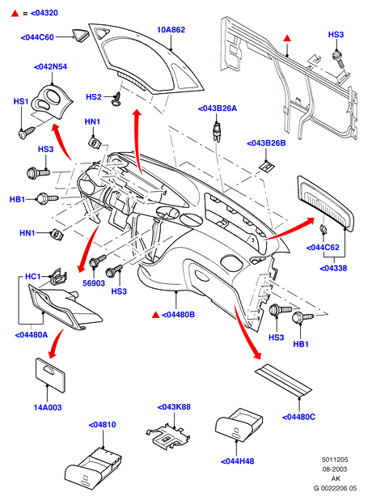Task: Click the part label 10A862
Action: coord(171,30)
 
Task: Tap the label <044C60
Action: coord(37,37)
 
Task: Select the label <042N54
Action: coord(50,67)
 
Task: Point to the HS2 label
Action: coord(94,97)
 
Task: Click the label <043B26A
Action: coord(218,108)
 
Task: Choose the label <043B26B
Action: coord(266,143)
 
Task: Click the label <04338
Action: coord(333,269)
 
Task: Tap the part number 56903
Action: coord(94,283)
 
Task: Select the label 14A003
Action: coord(48,408)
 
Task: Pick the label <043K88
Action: coord(174,407)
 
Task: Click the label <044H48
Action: coord(238,461)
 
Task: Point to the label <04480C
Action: coord(298,417)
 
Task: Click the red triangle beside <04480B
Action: coord(155,315)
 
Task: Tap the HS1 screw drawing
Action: coord(27,133)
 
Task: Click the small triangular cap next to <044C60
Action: coord(80,35)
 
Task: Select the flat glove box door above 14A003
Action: coord(50,375)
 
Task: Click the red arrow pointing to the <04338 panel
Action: coord(290,228)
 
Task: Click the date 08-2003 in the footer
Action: coord(335,469)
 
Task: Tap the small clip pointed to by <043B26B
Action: coord(267,166)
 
